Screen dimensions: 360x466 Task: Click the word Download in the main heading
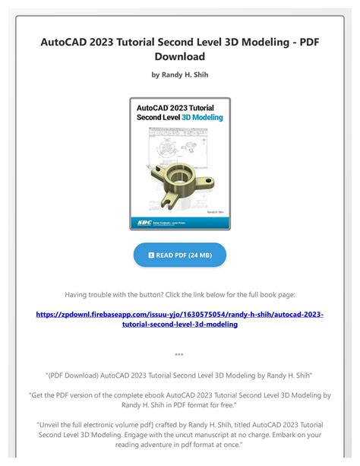coord(179,56)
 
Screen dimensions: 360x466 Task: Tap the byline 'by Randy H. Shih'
coord(179,76)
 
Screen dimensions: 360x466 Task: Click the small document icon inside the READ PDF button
coord(151,255)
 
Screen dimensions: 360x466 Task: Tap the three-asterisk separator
coord(179,354)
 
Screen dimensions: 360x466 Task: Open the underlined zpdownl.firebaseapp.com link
coord(179,319)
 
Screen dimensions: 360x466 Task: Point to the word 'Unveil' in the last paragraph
coord(55,424)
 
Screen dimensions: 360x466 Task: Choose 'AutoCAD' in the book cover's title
coord(150,108)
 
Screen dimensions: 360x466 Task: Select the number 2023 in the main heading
coord(108,43)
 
